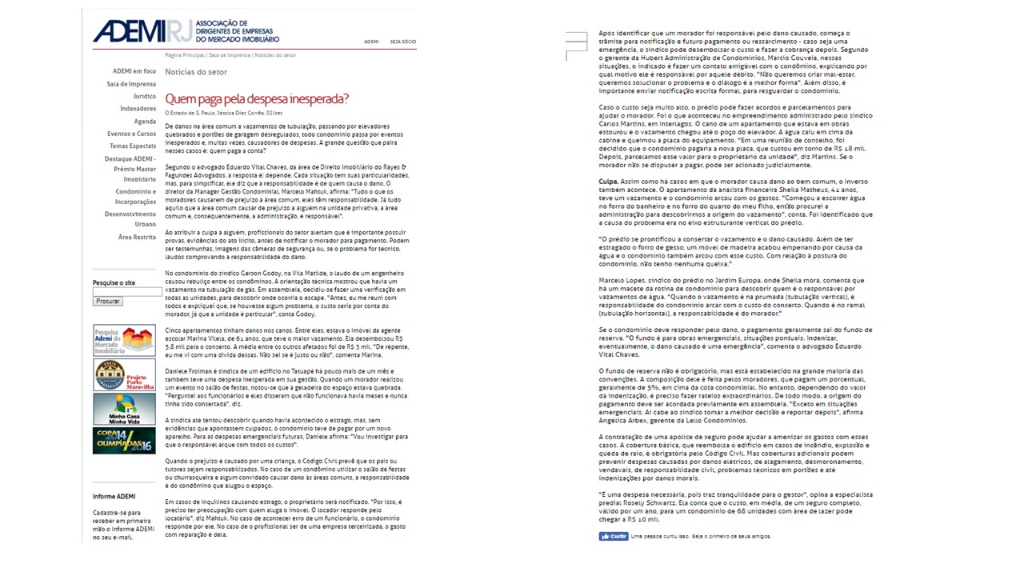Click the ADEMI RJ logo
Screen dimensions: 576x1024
point(186,32)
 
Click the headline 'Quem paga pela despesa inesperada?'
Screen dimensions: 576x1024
point(257,99)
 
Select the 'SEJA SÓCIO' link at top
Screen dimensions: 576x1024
point(402,42)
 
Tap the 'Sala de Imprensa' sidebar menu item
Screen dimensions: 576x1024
point(132,84)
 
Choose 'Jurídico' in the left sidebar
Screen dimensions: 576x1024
point(144,96)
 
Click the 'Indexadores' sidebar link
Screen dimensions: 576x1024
point(138,109)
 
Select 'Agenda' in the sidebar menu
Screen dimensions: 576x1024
point(145,122)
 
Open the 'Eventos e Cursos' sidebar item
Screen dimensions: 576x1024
point(132,134)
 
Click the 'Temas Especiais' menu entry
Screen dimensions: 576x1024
point(133,146)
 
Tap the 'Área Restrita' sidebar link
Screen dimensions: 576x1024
point(137,237)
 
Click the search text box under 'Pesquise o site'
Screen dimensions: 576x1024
point(127,292)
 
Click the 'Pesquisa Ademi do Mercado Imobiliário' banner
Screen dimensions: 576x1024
point(124,341)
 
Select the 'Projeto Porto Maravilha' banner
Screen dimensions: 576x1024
point(124,374)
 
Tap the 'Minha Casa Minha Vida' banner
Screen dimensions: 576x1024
point(124,408)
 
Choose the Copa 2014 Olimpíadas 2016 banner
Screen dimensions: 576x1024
point(124,441)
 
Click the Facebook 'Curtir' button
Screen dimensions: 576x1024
point(614,536)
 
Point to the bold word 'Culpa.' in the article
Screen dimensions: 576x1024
point(609,182)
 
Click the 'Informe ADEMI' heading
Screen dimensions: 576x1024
point(114,497)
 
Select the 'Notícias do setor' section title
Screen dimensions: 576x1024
point(196,72)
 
